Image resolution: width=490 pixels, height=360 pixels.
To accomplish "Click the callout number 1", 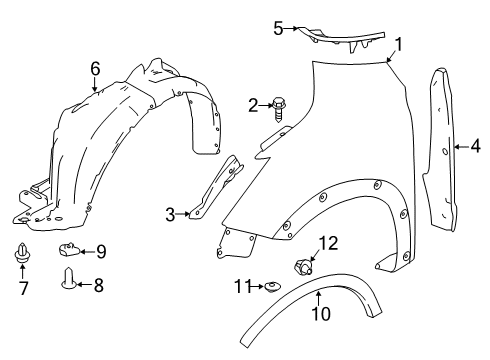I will [x=398, y=43].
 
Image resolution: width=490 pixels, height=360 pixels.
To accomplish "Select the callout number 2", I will [x=253, y=103].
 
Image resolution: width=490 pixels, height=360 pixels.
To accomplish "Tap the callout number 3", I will [x=171, y=213].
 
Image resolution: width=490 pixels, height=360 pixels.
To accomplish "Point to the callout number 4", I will [x=475, y=147].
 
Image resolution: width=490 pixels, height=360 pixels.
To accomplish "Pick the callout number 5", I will [x=279, y=27].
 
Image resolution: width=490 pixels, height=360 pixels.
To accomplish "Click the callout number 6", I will [x=95, y=68].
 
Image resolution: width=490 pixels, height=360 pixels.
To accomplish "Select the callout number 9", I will [x=100, y=250].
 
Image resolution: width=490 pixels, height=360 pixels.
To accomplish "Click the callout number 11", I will [x=241, y=287].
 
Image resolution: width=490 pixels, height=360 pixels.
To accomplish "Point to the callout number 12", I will [x=329, y=243].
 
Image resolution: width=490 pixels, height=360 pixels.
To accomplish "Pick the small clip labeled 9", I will [x=70, y=248].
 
